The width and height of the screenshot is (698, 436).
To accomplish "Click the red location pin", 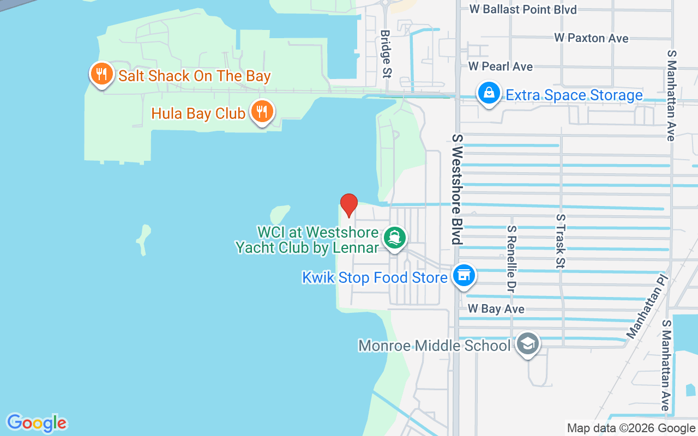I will (349, 205).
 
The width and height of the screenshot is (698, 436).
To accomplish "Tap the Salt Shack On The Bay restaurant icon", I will (101, 75).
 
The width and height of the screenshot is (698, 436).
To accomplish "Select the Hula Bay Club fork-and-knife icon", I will (262, 112).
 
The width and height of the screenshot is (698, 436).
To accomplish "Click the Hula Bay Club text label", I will (198, 113).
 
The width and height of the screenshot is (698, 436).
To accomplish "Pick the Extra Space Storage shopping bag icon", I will (490, 94).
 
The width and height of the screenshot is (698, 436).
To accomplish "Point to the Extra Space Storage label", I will (574, 95).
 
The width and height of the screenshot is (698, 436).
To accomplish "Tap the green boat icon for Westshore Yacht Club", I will (394, 238).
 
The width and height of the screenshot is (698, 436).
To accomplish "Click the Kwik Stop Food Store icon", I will (464, 276).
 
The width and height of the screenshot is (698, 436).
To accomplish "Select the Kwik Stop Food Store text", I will (375, 278).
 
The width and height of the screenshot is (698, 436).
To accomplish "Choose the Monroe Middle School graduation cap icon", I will (527, 344).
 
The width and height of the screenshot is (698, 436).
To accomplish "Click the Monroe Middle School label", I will (434, 346).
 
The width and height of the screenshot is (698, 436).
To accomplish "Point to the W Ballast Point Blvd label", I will (522, 9).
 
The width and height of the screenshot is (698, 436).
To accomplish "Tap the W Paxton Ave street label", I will (591, 38).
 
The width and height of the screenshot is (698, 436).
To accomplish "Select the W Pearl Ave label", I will (500, 66).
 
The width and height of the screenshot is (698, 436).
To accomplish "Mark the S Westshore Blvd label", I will (457, 189).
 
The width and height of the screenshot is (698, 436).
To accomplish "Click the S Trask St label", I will (560, 240).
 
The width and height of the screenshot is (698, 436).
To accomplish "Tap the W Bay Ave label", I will (496, 309).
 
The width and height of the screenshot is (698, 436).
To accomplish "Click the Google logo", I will (37, 422).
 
